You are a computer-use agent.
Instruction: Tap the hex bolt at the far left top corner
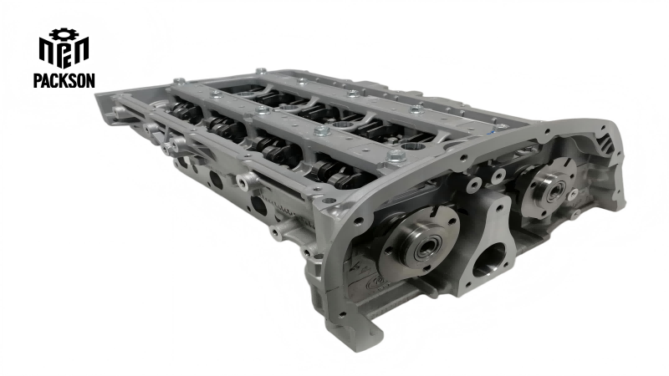(x=179, y=81)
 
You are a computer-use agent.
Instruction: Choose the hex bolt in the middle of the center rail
(x=321, y=131)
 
